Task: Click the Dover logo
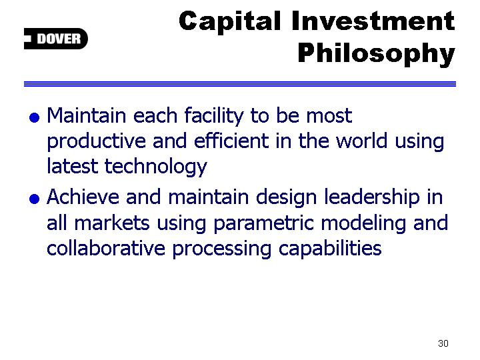(x=56, y=39)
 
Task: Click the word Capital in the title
(x=229, y=22)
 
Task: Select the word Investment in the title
(x=373, y=21)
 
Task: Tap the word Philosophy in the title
(x=377, y=54)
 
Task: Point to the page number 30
(x=443, y=343)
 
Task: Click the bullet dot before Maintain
(x=34, y=117)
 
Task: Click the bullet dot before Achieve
(x=34, y=199)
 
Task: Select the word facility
(x=214, y=117)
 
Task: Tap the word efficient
(x=232, y=141)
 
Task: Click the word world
(x=362, y=141)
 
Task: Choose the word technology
(x=156, y=167)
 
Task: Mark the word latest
(x=73, y=166)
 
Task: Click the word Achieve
(x=83, y=197)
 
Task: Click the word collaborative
(x=106, y=248)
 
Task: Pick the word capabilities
(x=330, y=249)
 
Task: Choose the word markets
(x=112, y=223)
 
